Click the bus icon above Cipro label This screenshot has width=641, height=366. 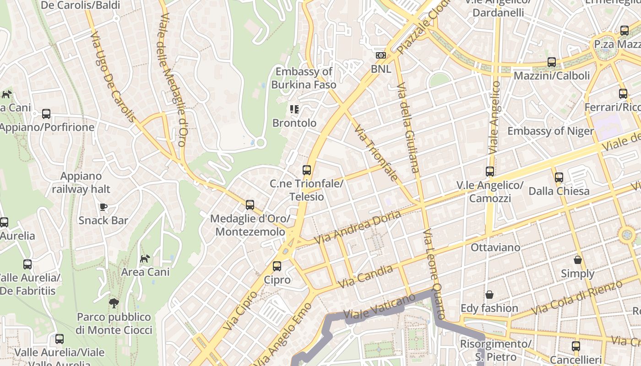pyautogui.click(x=277, y=266)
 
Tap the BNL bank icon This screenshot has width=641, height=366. pyautogui.click(x=380, y=55)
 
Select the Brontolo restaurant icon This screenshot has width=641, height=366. pyautogui.click(x=294, y=109)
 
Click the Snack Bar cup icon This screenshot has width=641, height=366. pyautogui.click(x=103, y=207)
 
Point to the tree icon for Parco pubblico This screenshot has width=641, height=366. pyautogui.click(x=114, y=303)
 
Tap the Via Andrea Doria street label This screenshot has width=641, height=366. pyautogui.click(x=357, y=227)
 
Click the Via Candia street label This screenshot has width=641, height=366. pyautogui.click(x=365, y=277)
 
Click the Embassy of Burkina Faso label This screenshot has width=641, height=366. pyautogui.click(x=304, y=78)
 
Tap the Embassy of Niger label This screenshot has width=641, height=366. pyautogui.click(x=550, y=131)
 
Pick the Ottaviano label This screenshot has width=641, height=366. pyautogui.click(x=495, y=248)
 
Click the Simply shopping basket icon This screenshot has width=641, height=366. pyautogui.click(x=578, y=260)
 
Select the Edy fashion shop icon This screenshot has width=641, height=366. pyautogui.click(x=489, y=294)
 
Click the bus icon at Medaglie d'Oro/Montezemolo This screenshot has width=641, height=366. pyautogui.click(x=250, y=205)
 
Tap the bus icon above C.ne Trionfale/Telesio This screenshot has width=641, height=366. pyautogui.click(x=307, y=170)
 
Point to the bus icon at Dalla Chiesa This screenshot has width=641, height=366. pyautogui.click(x=559, y=177)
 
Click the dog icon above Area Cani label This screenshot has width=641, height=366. pyautogui.click(x=145, y=259)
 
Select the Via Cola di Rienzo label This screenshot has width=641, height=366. pyautogui.click(x=577, y=297)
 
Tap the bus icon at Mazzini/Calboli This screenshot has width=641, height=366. pyautogui.click(x=552, y=62)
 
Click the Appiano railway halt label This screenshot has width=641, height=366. pyautogui.click(x=81, y=182)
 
